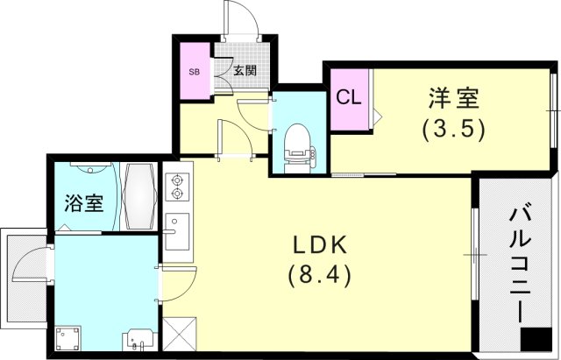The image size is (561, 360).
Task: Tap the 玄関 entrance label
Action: tap(245, 71)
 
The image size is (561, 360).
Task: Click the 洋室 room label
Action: tap(453, 97)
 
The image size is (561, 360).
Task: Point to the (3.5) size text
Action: tap(453, 129)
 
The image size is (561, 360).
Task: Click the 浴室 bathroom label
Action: tap(84, 204)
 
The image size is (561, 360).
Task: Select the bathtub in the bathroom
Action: tap(139, 196)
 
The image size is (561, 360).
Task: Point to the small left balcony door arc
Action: tap(35, 263)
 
